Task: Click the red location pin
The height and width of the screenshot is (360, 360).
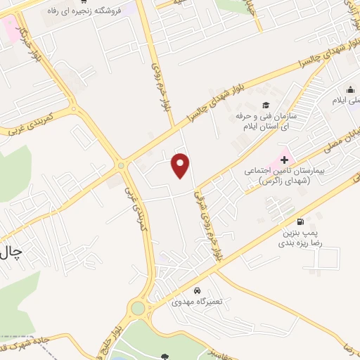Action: pyautogui.click(x=181, y=165)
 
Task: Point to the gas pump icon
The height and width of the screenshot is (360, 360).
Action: pyautogui.click(x=301, y=221)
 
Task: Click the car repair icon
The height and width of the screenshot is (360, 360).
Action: pyautogui.click(x=198, y=290)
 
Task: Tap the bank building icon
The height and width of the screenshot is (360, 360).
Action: pyautogui.click(x=349, y=90)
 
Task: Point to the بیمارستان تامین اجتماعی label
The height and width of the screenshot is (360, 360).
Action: pyautogui.click(x=280, y=171)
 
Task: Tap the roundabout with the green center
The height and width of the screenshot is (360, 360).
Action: pyautogui.click(x=138, y=307)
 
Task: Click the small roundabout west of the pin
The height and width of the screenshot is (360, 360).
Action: pyautogui.click(x=122, y=165)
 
